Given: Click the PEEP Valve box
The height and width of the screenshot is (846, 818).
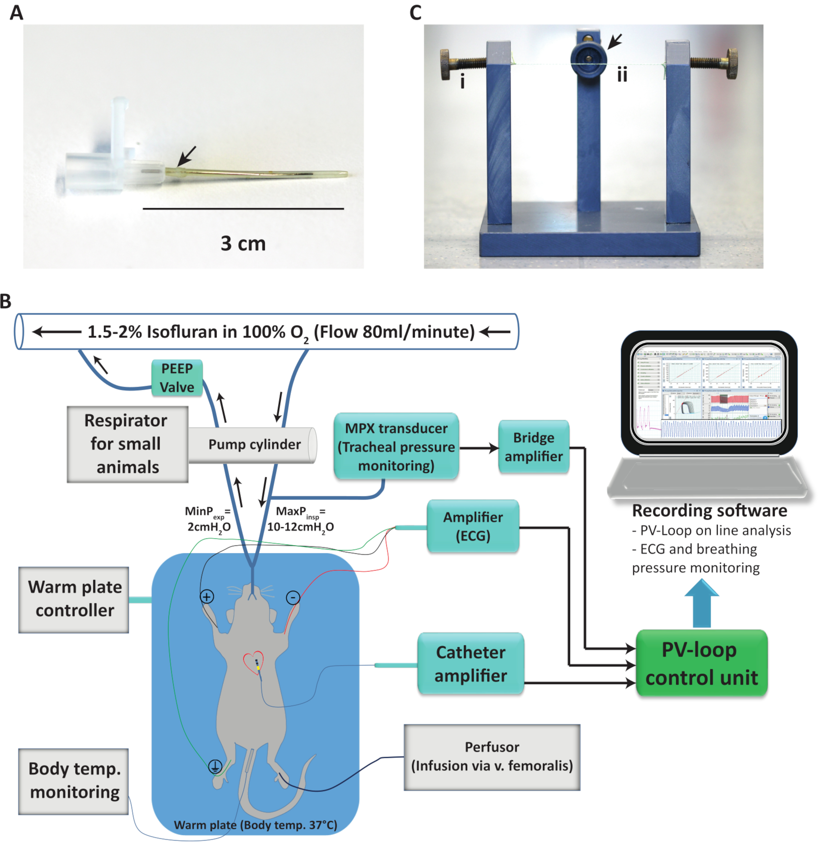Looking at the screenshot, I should click(177, 378).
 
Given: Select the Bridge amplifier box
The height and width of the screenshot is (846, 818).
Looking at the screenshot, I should click(533, 447).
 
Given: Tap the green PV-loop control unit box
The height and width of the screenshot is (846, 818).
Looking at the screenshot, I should click(701, 663).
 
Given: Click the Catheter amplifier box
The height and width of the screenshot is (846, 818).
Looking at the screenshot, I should click(470, 664).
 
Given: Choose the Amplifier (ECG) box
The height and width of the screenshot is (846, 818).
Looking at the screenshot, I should click(473, 526).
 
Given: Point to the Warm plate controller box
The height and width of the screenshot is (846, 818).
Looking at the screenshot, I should click(74, 599).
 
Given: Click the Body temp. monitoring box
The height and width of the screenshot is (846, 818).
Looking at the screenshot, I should click(74, 781).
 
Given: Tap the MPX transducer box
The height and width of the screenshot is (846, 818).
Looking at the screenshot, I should click(396, 446).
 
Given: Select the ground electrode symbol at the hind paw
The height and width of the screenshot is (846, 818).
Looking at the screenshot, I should click(215, 767).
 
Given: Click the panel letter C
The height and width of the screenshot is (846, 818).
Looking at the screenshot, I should click(415, 13).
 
